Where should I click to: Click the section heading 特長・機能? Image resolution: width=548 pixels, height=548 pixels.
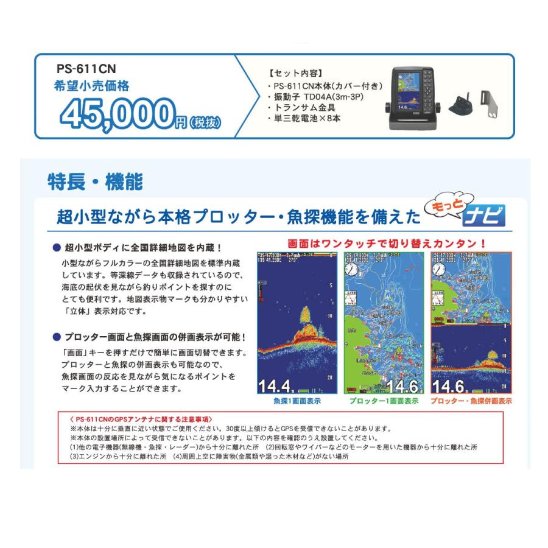(94, 181)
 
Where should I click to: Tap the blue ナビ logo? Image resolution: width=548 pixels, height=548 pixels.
(485, 216)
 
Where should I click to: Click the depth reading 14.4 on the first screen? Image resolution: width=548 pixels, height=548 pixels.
(273, 386)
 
